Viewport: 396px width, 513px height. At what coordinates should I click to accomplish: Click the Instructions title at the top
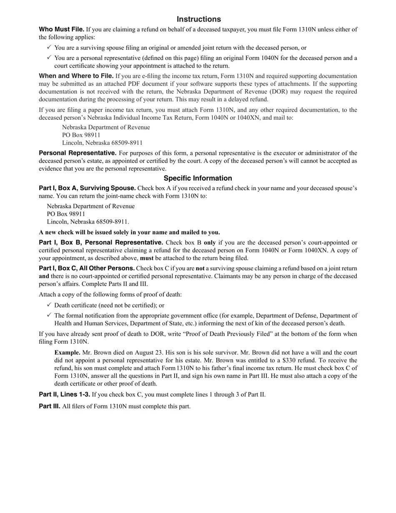pyautogui.click(x=198, y=19)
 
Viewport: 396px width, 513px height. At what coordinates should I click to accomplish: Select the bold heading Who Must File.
pyautogui.click(x=61, y=30)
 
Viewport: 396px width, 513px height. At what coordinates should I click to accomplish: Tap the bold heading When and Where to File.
pyautogui.click(x=76, y=76)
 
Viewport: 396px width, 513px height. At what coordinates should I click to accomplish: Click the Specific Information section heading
pyautogui.click(x=198, y=178)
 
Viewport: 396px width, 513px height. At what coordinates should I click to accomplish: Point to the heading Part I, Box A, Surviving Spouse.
pyautogui.click(x=87, y=188)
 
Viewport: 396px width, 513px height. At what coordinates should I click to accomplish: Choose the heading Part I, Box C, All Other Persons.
pyautogui.click(x=87, y=268)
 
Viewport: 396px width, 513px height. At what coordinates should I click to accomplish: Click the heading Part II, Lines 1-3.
pyautogui.click(x=64, y=395)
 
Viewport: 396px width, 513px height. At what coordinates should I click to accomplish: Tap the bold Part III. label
pyautogui.click(x=49, y=406)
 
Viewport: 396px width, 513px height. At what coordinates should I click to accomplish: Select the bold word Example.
pyautogui.click(x=67, y=353)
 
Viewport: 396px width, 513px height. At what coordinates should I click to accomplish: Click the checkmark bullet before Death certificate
pyautogui.click(x=50, y=305)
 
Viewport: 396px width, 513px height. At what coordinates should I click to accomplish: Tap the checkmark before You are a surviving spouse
pyautogui.click(x=50, y=48)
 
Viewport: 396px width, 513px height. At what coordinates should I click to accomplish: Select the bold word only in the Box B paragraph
pyautogui.click(x=210, y=243)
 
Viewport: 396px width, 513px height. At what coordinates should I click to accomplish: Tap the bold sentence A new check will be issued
pyautogui.click(x=129, y=232)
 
